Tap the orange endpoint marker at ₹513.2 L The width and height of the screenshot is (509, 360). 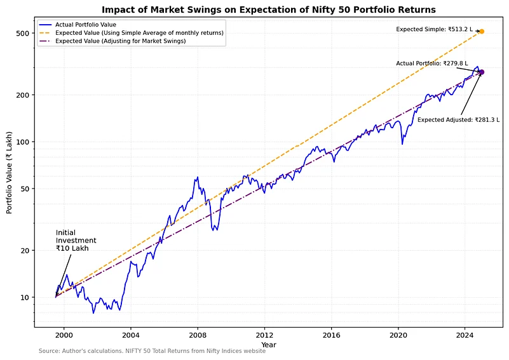[x=482, y=31]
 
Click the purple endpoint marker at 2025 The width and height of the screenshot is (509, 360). [x=482, y=72]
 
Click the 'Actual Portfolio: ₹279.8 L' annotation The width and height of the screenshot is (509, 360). [x=431, y=63]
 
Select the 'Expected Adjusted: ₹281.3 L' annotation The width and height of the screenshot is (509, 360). [x=458, y=119]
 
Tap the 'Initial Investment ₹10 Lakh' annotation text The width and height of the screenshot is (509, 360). [x=76, y=241]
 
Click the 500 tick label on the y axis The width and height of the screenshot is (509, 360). [x=24, y=33]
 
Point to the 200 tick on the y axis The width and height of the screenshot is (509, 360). [x=24, y=95]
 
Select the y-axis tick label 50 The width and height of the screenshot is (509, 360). [x=26, y=189]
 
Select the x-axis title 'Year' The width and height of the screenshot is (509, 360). [x=269, y=344]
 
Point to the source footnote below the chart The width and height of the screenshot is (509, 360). [x=152, y=351]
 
